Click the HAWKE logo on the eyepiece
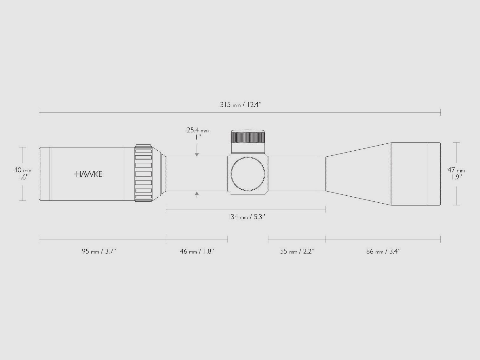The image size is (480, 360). [88, 174]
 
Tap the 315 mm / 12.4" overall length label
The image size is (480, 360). [241, 105]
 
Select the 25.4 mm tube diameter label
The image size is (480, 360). [198, 130]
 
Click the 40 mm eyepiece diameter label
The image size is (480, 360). [23, 170]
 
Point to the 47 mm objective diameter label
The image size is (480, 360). [456, 170]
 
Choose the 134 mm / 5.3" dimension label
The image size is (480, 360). [247, 217]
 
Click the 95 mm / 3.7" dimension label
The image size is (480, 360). [99, 252]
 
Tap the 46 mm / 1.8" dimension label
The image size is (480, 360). [197, 252]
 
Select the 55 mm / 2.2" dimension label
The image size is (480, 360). [297, 252]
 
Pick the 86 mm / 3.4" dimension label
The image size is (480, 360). [383, 252]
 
